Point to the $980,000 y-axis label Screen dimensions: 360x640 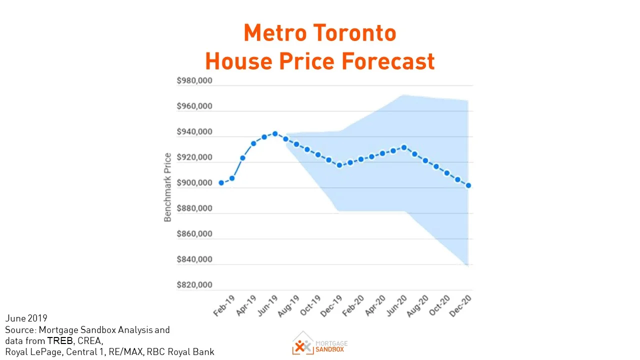(194, 81)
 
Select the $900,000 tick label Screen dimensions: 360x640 (194, 183)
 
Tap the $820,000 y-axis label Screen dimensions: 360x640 (194, 285)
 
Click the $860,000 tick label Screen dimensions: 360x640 (194, 234)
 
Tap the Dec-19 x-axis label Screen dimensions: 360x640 (331, 305)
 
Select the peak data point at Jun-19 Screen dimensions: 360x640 (275, 133)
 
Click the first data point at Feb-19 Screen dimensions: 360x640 (221, 183)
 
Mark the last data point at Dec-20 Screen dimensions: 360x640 (468, 185)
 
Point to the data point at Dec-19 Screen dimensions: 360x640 (339, 165)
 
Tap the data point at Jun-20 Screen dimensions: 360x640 (404, 147)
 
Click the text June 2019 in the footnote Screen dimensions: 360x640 (26, 318)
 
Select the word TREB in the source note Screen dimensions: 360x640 (60, 341)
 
